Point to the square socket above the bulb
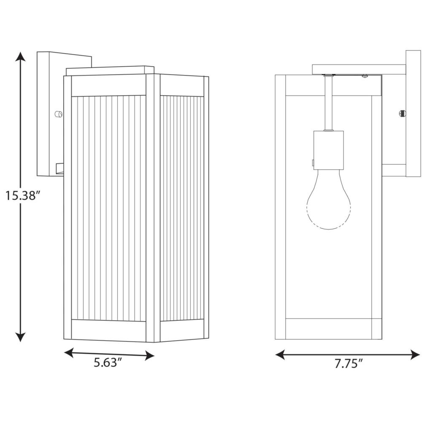pos(329,150)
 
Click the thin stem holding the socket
pos(328,103)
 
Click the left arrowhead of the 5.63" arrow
pos(69,352)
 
